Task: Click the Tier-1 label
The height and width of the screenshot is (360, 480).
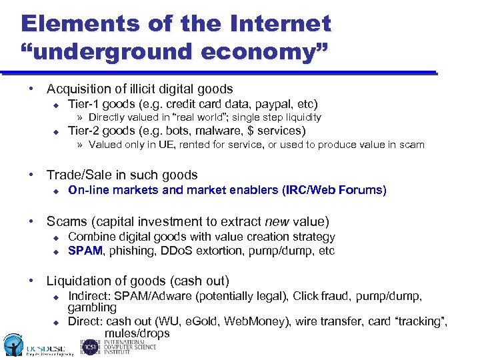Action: click(85, 104)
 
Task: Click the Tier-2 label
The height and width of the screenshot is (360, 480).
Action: click(85, 131)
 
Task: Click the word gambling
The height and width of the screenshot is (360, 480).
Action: click(92, 307)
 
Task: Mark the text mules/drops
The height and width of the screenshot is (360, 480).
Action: click(137, 333)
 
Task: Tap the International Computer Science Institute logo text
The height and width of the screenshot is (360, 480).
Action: click(127, 347)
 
